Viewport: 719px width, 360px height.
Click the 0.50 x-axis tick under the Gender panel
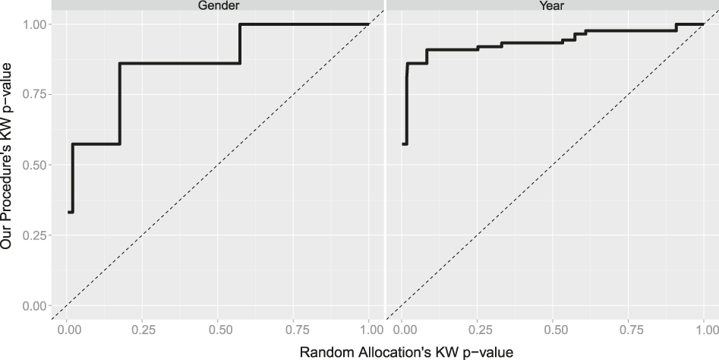click(217, 330)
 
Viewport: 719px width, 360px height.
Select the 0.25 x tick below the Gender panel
click(142, 330)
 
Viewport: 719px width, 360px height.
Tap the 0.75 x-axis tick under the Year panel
click(629, 330)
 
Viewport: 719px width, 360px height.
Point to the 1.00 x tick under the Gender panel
click(368, 330)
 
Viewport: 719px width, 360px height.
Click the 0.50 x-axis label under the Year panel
click(553, 330)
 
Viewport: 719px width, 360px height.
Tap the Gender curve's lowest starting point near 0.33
click(69, 212)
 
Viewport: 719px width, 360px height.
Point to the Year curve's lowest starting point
click(404, 144)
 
